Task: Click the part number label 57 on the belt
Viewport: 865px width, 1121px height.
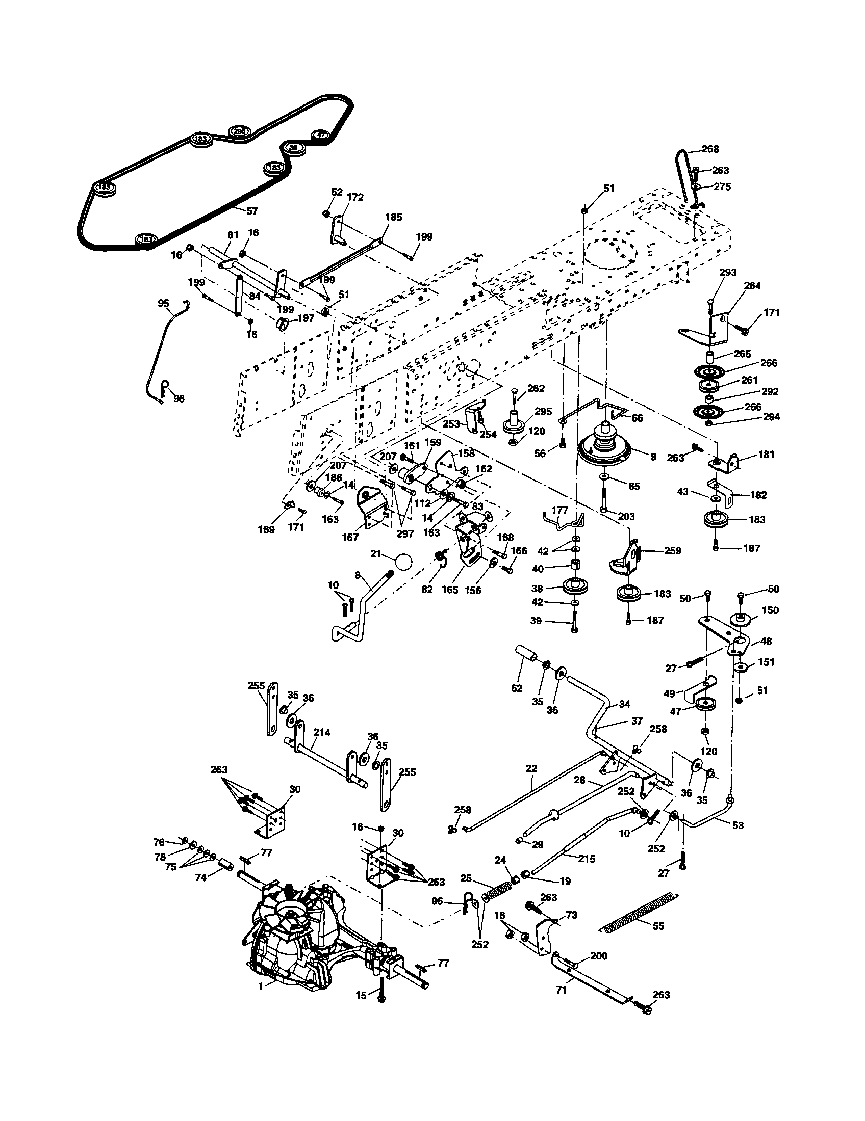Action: click(252, 211)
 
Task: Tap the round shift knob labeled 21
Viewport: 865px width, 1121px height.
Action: click(404, 562)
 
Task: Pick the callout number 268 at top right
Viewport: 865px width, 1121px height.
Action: click(710, 149)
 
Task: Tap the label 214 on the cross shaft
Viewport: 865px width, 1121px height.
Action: click(322, 732)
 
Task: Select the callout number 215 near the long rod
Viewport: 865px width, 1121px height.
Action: click(586, 859)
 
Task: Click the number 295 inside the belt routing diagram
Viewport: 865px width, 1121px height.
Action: click(239, 132)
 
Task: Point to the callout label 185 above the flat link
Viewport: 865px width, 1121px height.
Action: click(393, 217)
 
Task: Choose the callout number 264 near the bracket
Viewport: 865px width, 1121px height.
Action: click(752, 286)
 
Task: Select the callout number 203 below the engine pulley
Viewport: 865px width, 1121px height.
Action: click(626, 516)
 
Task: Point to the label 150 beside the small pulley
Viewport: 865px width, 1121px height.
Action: click(771, 610)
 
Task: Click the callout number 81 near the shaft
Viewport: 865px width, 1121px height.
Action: click(233, 235)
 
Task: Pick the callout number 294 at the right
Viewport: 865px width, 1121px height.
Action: click(771, 417)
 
